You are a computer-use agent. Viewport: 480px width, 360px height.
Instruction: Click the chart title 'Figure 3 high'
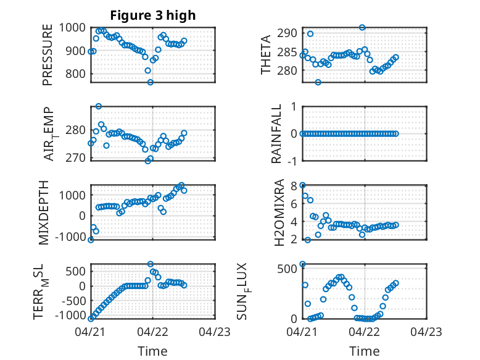click(153, 15)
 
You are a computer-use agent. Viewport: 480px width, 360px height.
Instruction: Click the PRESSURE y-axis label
click(48, 55)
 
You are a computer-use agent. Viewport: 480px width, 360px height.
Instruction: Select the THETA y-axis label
click(266, 54)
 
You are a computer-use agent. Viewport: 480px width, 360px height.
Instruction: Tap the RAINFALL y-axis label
click(276, 133)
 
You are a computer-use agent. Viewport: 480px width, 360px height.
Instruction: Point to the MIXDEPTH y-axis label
click(44, 212)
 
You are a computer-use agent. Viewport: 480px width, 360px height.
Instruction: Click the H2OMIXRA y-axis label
click(279, 212)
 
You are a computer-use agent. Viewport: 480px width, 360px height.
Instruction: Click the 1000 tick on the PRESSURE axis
click(72, 28)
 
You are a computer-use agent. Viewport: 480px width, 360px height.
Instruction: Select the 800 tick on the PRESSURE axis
click(76, 73)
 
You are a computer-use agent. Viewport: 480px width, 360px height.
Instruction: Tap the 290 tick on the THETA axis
click(287, 33)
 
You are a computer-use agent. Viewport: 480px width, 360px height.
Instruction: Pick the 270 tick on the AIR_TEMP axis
click(76, 158)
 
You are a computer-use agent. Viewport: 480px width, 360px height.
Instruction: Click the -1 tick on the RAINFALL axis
click(292, 161)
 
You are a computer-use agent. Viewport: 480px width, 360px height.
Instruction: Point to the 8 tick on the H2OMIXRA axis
click(294, 186)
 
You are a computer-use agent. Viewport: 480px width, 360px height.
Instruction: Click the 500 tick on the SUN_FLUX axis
click(287, 269)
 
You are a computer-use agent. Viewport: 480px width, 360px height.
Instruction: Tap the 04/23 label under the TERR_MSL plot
click(215, 332)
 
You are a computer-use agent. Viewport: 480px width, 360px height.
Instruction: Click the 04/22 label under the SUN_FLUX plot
click(365, 332)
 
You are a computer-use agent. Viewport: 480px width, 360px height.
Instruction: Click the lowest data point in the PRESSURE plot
click(151, 82)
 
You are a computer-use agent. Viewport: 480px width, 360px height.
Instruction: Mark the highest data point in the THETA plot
click(362, 27)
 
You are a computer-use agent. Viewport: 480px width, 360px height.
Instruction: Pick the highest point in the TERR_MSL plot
click(151, 264)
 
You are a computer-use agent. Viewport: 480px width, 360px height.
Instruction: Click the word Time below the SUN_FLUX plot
click(364, 351)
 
